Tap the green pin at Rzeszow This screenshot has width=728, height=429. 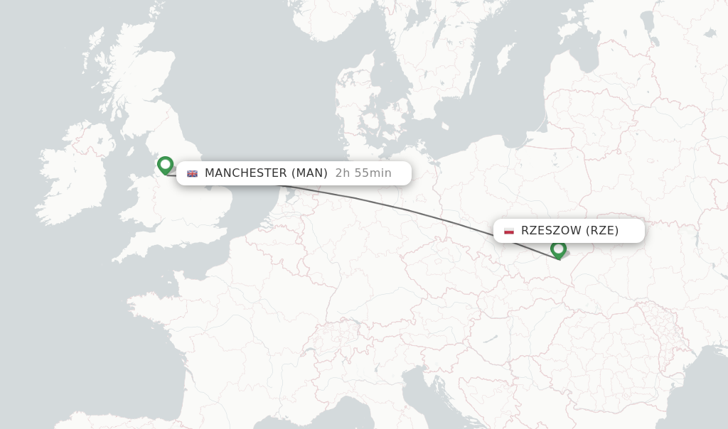tap(558, 249)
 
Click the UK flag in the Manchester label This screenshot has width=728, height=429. tap(192, 173)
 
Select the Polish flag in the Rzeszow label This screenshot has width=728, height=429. tap(509, 231)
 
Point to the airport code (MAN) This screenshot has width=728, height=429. tap(309, 173)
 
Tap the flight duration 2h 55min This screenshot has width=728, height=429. tap(363, 173)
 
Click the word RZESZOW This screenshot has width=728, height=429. tap(551, 231)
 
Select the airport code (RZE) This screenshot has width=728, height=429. tap(602, 231)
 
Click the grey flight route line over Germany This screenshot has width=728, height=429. tap(384, 204)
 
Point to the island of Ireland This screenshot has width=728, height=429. tap(75, 178)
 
